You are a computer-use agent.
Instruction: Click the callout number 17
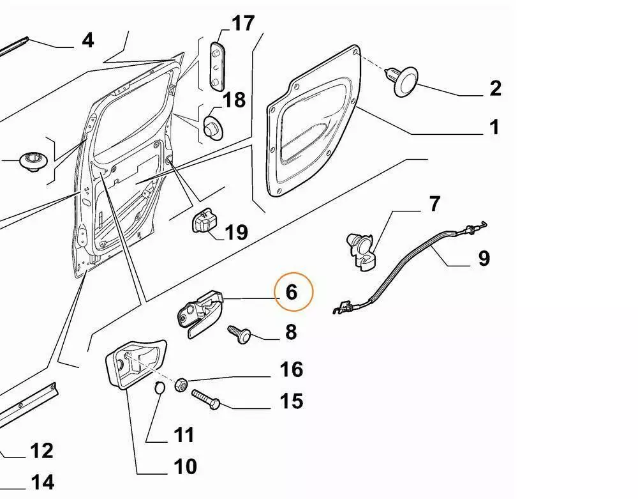[x=242, y=24]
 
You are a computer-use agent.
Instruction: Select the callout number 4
[x=88, y=40]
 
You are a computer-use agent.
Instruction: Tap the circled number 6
[x=292, y=292]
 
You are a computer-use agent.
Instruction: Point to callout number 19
[x=236, y=231]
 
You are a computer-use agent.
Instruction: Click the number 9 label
[x=484, y=258]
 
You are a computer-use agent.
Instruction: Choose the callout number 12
[x=41, y=451]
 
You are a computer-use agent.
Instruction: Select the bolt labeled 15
[x=204, y=398]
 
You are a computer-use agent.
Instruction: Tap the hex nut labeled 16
[x=181, y=384]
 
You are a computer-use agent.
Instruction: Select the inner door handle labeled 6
[x=201, y=311]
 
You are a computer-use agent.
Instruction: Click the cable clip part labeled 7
[x=360, y=250]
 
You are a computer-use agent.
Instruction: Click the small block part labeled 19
[x=204, y=222]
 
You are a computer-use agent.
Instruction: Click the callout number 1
[x=494, y=127]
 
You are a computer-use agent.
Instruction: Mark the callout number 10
[x=185, y=466]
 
